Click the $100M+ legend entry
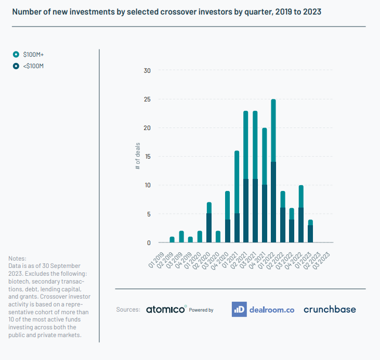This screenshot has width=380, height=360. (x=32, y=54)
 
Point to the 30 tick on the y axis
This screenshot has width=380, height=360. (x=147, y=71)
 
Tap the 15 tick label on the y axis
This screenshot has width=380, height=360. (x=147, y=157)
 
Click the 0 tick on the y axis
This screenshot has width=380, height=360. (x=148, y=242)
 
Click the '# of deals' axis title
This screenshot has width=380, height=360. (x=138, y=157)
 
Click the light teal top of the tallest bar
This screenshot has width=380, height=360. (x=273, y=131)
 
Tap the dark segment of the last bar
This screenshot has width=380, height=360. (x=310, y=234)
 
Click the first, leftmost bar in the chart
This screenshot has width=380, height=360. (x=172, y=239)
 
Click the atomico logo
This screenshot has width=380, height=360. (x=165, y=309)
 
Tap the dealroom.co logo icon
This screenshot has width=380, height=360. (x=239, y=309)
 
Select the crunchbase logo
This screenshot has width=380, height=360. (x=330, y=309)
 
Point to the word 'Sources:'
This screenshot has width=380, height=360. (x=128, y=310)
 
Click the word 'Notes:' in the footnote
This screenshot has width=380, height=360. (x=17, y=259)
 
